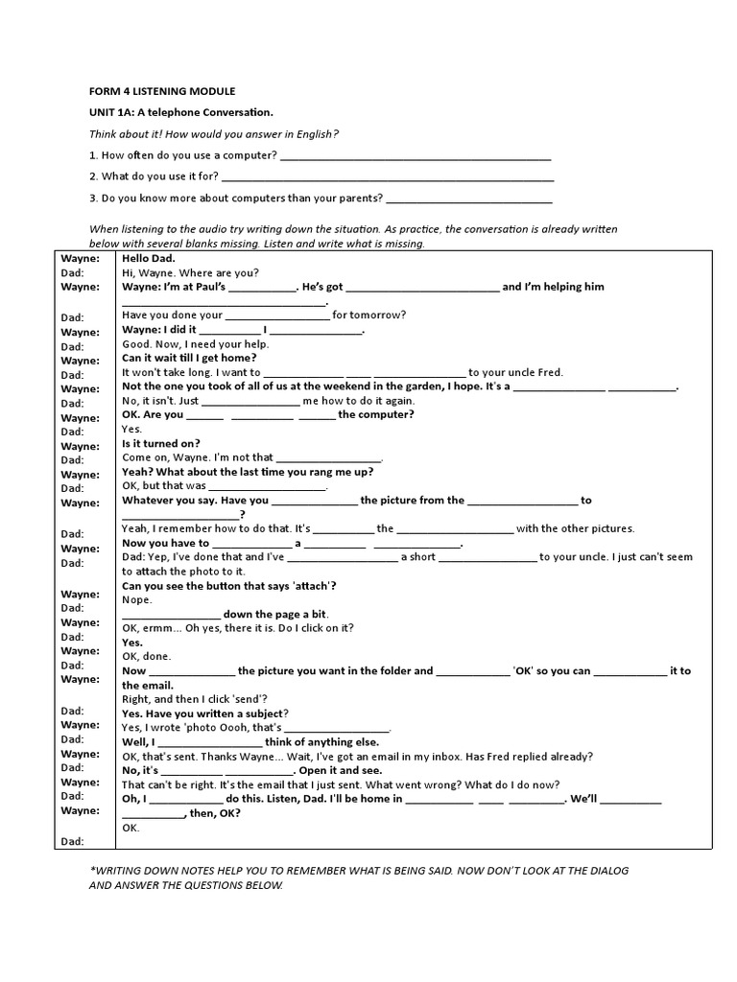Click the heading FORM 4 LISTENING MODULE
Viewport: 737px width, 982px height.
(160, 91)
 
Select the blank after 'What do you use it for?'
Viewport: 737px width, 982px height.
(388, 178)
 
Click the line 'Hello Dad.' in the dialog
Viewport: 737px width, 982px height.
(148, 258)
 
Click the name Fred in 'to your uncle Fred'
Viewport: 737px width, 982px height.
(551, 372)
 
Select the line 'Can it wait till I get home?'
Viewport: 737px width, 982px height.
(189, 358)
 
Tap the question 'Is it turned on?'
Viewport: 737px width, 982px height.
(161, 443)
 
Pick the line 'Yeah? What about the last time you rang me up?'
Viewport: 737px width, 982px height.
(248, 472)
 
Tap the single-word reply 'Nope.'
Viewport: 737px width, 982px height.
(138, 599)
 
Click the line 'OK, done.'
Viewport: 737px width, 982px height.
(147, 656)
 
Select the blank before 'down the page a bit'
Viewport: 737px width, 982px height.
(172, 615)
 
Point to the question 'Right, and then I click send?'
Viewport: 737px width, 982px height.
(196, 699)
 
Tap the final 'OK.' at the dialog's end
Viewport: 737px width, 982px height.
(131, 827)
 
